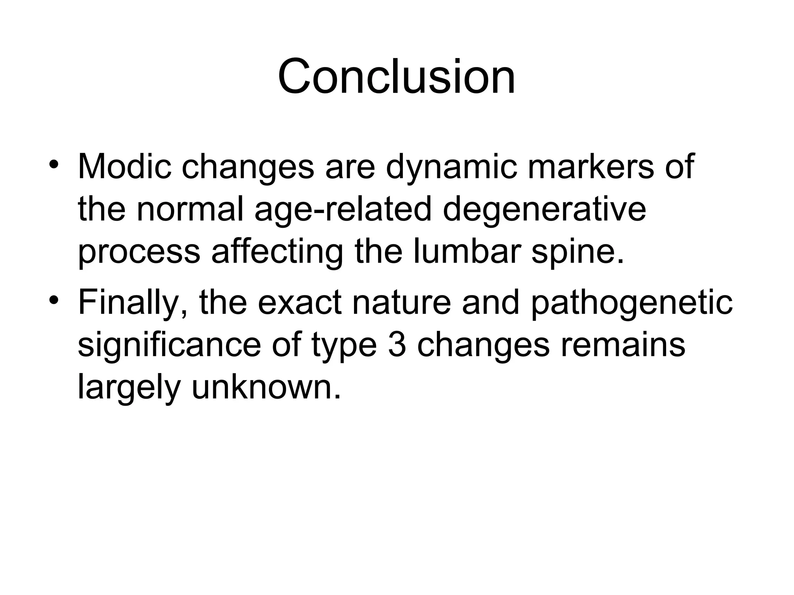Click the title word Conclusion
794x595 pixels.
(397, 76)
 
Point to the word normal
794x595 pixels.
(190, 210)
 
